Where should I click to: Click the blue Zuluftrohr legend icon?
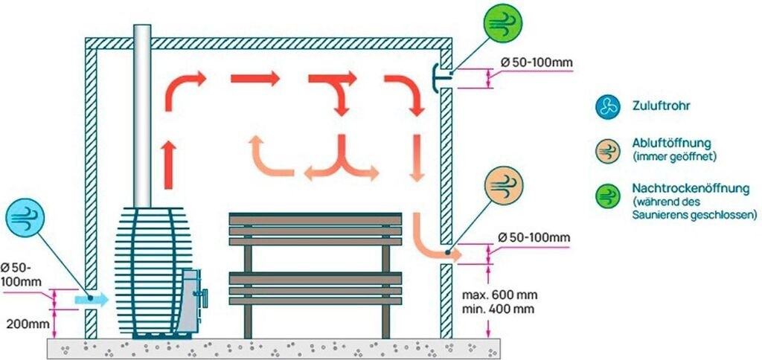(x=607, y=106)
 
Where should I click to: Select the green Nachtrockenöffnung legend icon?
(x=607, y=196)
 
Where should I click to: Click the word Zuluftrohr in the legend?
(x=660, y=106)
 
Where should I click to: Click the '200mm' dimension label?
(x=27, y=324)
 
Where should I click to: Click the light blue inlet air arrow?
(x=92, y=299)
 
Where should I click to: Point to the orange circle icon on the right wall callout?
(x=504, y=186)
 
